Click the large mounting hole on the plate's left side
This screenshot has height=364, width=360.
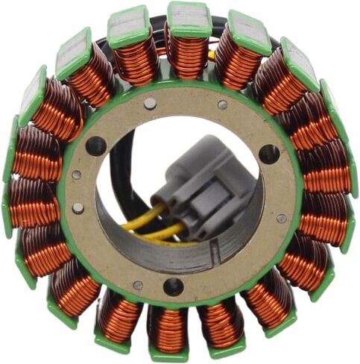coord(95,145)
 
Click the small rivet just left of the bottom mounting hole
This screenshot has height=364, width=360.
coord(138,284)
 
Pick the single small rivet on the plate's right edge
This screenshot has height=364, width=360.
coord(282,219)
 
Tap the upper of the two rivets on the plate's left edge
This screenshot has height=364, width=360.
coord(77,175)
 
